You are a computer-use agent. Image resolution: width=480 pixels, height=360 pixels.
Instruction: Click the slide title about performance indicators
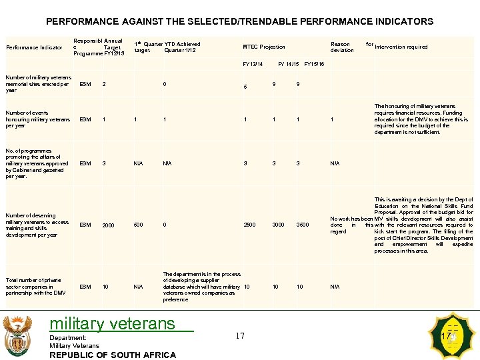pos(239,21)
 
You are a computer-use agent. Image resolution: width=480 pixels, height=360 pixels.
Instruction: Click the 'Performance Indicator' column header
pos(34,47)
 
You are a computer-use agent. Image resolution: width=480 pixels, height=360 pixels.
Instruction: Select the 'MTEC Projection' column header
pos(263,47)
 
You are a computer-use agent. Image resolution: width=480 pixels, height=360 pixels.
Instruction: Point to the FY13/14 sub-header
pos(253,65)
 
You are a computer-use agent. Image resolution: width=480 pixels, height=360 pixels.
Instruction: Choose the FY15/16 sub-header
pos(313,65)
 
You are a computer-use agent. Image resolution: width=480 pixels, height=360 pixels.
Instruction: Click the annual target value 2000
pos(108,226)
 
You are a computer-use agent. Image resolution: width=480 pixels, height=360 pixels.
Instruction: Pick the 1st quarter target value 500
pos(139,225)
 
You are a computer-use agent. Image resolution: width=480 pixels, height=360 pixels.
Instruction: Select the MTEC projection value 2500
pos(249,225)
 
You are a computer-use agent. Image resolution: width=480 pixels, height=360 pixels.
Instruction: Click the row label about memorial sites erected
pos(38,84)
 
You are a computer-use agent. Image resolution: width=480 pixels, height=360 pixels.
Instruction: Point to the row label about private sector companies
pos(35,287)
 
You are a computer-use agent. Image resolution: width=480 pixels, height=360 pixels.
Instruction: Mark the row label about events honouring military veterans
pos(37,119)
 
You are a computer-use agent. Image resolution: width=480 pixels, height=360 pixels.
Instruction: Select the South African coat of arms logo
pos(17,335)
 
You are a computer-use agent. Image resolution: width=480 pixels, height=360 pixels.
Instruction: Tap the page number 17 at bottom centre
pos(240,335)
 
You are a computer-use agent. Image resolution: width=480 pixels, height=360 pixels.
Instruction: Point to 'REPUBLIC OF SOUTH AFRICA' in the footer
pos(113,355)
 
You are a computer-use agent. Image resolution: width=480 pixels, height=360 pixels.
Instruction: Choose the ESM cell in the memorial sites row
pos(85,84)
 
